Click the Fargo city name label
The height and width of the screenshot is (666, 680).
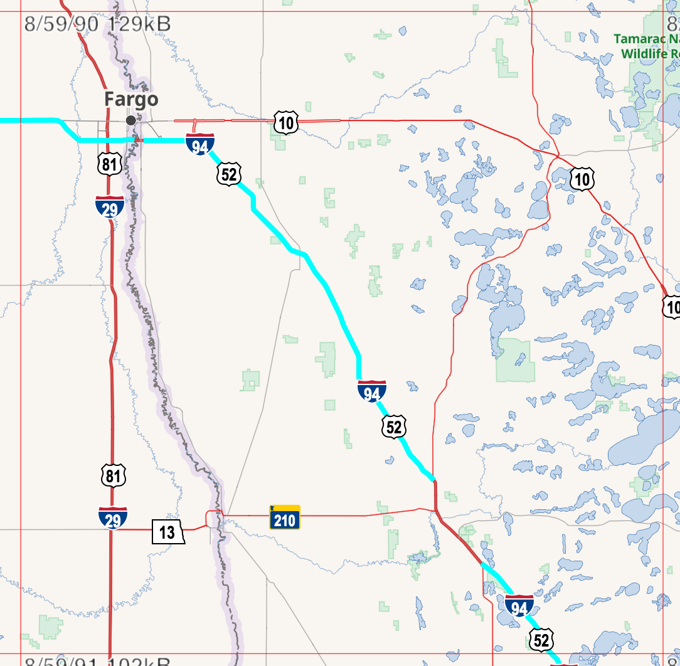pyautogui.click(x=131, y=99)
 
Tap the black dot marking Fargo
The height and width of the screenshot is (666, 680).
pyautogui.click(x=130, y=120)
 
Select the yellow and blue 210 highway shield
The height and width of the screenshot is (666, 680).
pyautogui.click(x=285, y=517)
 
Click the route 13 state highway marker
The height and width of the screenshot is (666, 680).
pyautogui.click(x=167, y=532)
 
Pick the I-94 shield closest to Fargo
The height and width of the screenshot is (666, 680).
pyautogui.click(x=200, y=144)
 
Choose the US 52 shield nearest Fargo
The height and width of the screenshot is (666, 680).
pyautogui.click(x=229, y=174)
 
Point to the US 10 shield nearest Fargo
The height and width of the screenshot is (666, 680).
pyautogui.click(x=285, y=122)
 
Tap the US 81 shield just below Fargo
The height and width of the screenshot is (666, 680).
pyautogui.click(x=110, y=164)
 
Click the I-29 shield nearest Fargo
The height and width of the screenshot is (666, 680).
pyautogui.click(x=110, y=206)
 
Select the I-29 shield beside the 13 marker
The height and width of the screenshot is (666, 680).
pyautogui.click(x=113, y=517)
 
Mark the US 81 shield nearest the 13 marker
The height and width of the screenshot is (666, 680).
pyautogui.click(x=113, y=475)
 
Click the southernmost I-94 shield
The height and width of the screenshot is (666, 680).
pyautogui.click(x=519, y=606)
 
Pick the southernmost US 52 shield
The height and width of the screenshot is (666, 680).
pyautogui.click(x=541, y=639)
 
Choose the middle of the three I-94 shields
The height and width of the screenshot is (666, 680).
pyautogui.click(x=372, y=391)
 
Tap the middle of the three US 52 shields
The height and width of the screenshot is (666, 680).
pyautogui.click(x=394, y=426)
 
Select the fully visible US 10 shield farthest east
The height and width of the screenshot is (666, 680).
pyautogui.click(x=582, y=179)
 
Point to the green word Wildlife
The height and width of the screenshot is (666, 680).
pyautogui.click(x=644, y=54)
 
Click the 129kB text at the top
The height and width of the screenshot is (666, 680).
pyautogui.click(x=139, y=24)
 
